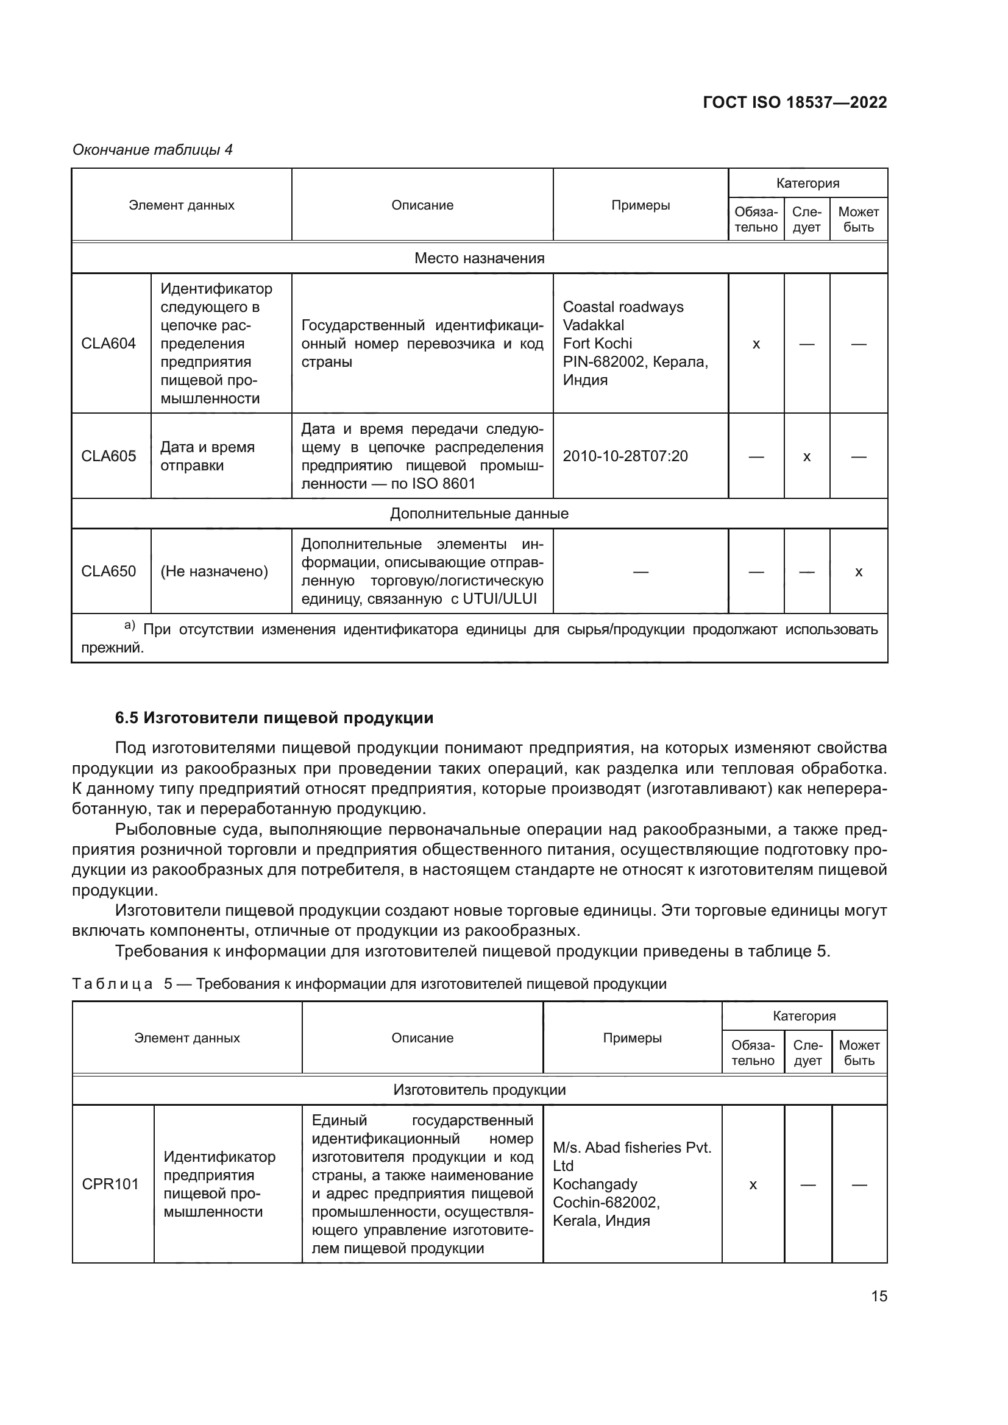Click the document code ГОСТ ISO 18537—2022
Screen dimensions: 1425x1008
click(795, 102)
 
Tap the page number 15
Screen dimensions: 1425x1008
click(879, 1296)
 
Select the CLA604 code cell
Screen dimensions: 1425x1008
click(108, 343)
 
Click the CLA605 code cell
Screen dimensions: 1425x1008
click(108, 456)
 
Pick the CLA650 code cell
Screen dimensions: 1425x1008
click(108, 571)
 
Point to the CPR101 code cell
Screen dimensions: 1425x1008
click(110, 1184)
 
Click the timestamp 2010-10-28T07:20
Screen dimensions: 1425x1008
click(625, 456)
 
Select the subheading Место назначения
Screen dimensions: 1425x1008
click(479, 258)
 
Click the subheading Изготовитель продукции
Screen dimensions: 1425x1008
click(479, 1090)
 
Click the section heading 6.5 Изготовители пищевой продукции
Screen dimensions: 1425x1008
click(274, 718)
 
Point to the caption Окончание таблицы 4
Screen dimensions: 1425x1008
click(153, 150)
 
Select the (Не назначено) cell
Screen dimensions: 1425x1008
click(214, 571)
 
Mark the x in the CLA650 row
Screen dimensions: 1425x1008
click(859, 571)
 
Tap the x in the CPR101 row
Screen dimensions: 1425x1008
click(753, 1185)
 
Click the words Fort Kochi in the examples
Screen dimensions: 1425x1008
click(597, 343)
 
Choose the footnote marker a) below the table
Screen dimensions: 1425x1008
click(130, 625)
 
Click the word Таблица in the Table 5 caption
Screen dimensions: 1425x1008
click(112, 985)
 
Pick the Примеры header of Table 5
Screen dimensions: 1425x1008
click(632, 1038)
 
